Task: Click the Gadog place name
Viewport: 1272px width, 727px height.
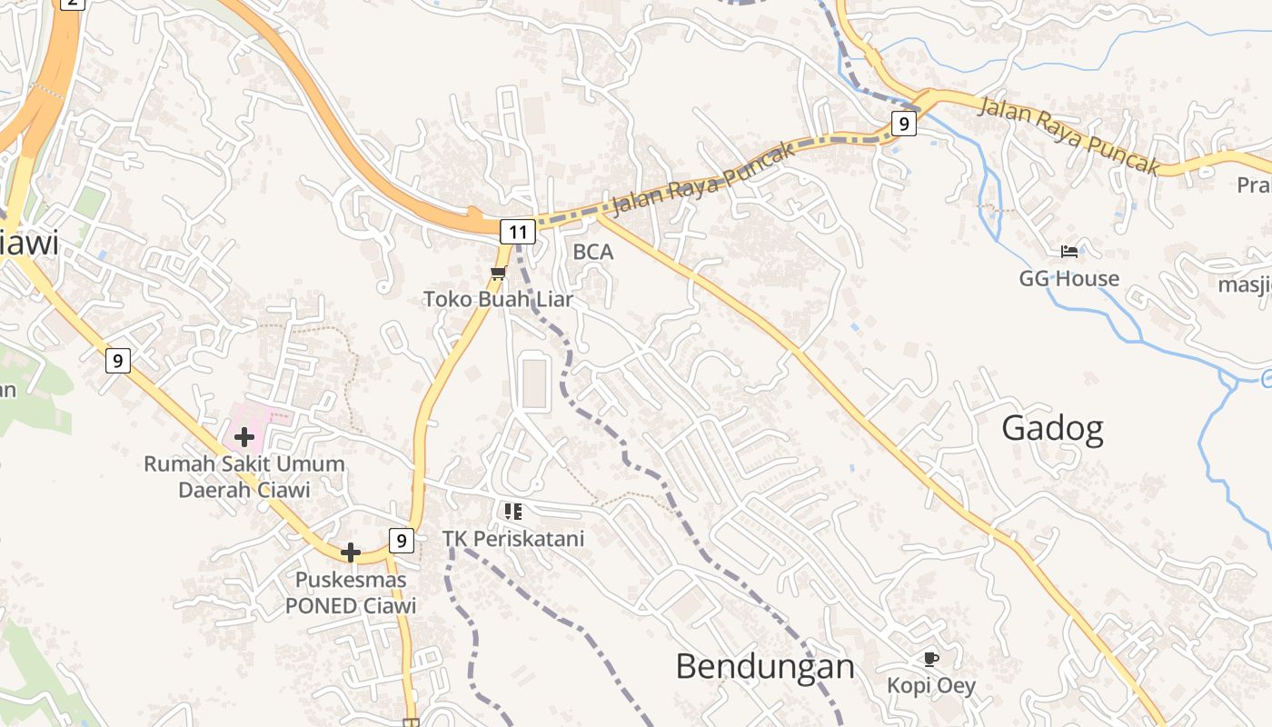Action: pyautogui.click(x=1052, y=428)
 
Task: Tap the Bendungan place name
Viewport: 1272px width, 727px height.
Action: pyautogui.click(x=765, y=667)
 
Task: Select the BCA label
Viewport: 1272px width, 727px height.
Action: pyautogui.click(x=593, y=253)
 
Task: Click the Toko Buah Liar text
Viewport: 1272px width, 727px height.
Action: pyautogui.click(x=498, y=298)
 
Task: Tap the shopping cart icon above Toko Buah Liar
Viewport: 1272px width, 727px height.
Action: pyautogui.click(x=498, y=273)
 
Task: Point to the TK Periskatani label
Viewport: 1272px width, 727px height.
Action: pyautogui.click(x=513, y=539)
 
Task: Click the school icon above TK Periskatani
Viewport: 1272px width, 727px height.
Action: pyautogui.click(x=513, y=513)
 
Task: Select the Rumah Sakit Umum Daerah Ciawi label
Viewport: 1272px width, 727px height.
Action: pyautogui.click(x=244, y=477)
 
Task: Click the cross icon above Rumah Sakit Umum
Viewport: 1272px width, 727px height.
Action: pyautogui.click(x=244, y=438)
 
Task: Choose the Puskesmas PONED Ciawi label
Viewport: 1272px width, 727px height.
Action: pyautogui.click(x=351, y=593)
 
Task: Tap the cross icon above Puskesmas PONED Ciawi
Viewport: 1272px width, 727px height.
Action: pyautogui.click(x=351, y=553)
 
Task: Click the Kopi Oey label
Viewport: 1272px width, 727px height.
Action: pyautogui.click(x=931, y=685)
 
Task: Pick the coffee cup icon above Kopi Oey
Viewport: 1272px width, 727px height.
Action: pyautogui.click(x=930, y=659)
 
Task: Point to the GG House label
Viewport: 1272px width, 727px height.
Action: pyautogui.click(x=1068, y=278)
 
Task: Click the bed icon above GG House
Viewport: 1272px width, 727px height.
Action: pyautogui.click(x=1069, y=252)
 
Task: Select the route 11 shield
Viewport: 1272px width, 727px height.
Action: pyautogui.click(x=517, y=232)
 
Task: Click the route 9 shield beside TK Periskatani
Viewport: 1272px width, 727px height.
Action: pyautogui.click(x=401, y=541)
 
